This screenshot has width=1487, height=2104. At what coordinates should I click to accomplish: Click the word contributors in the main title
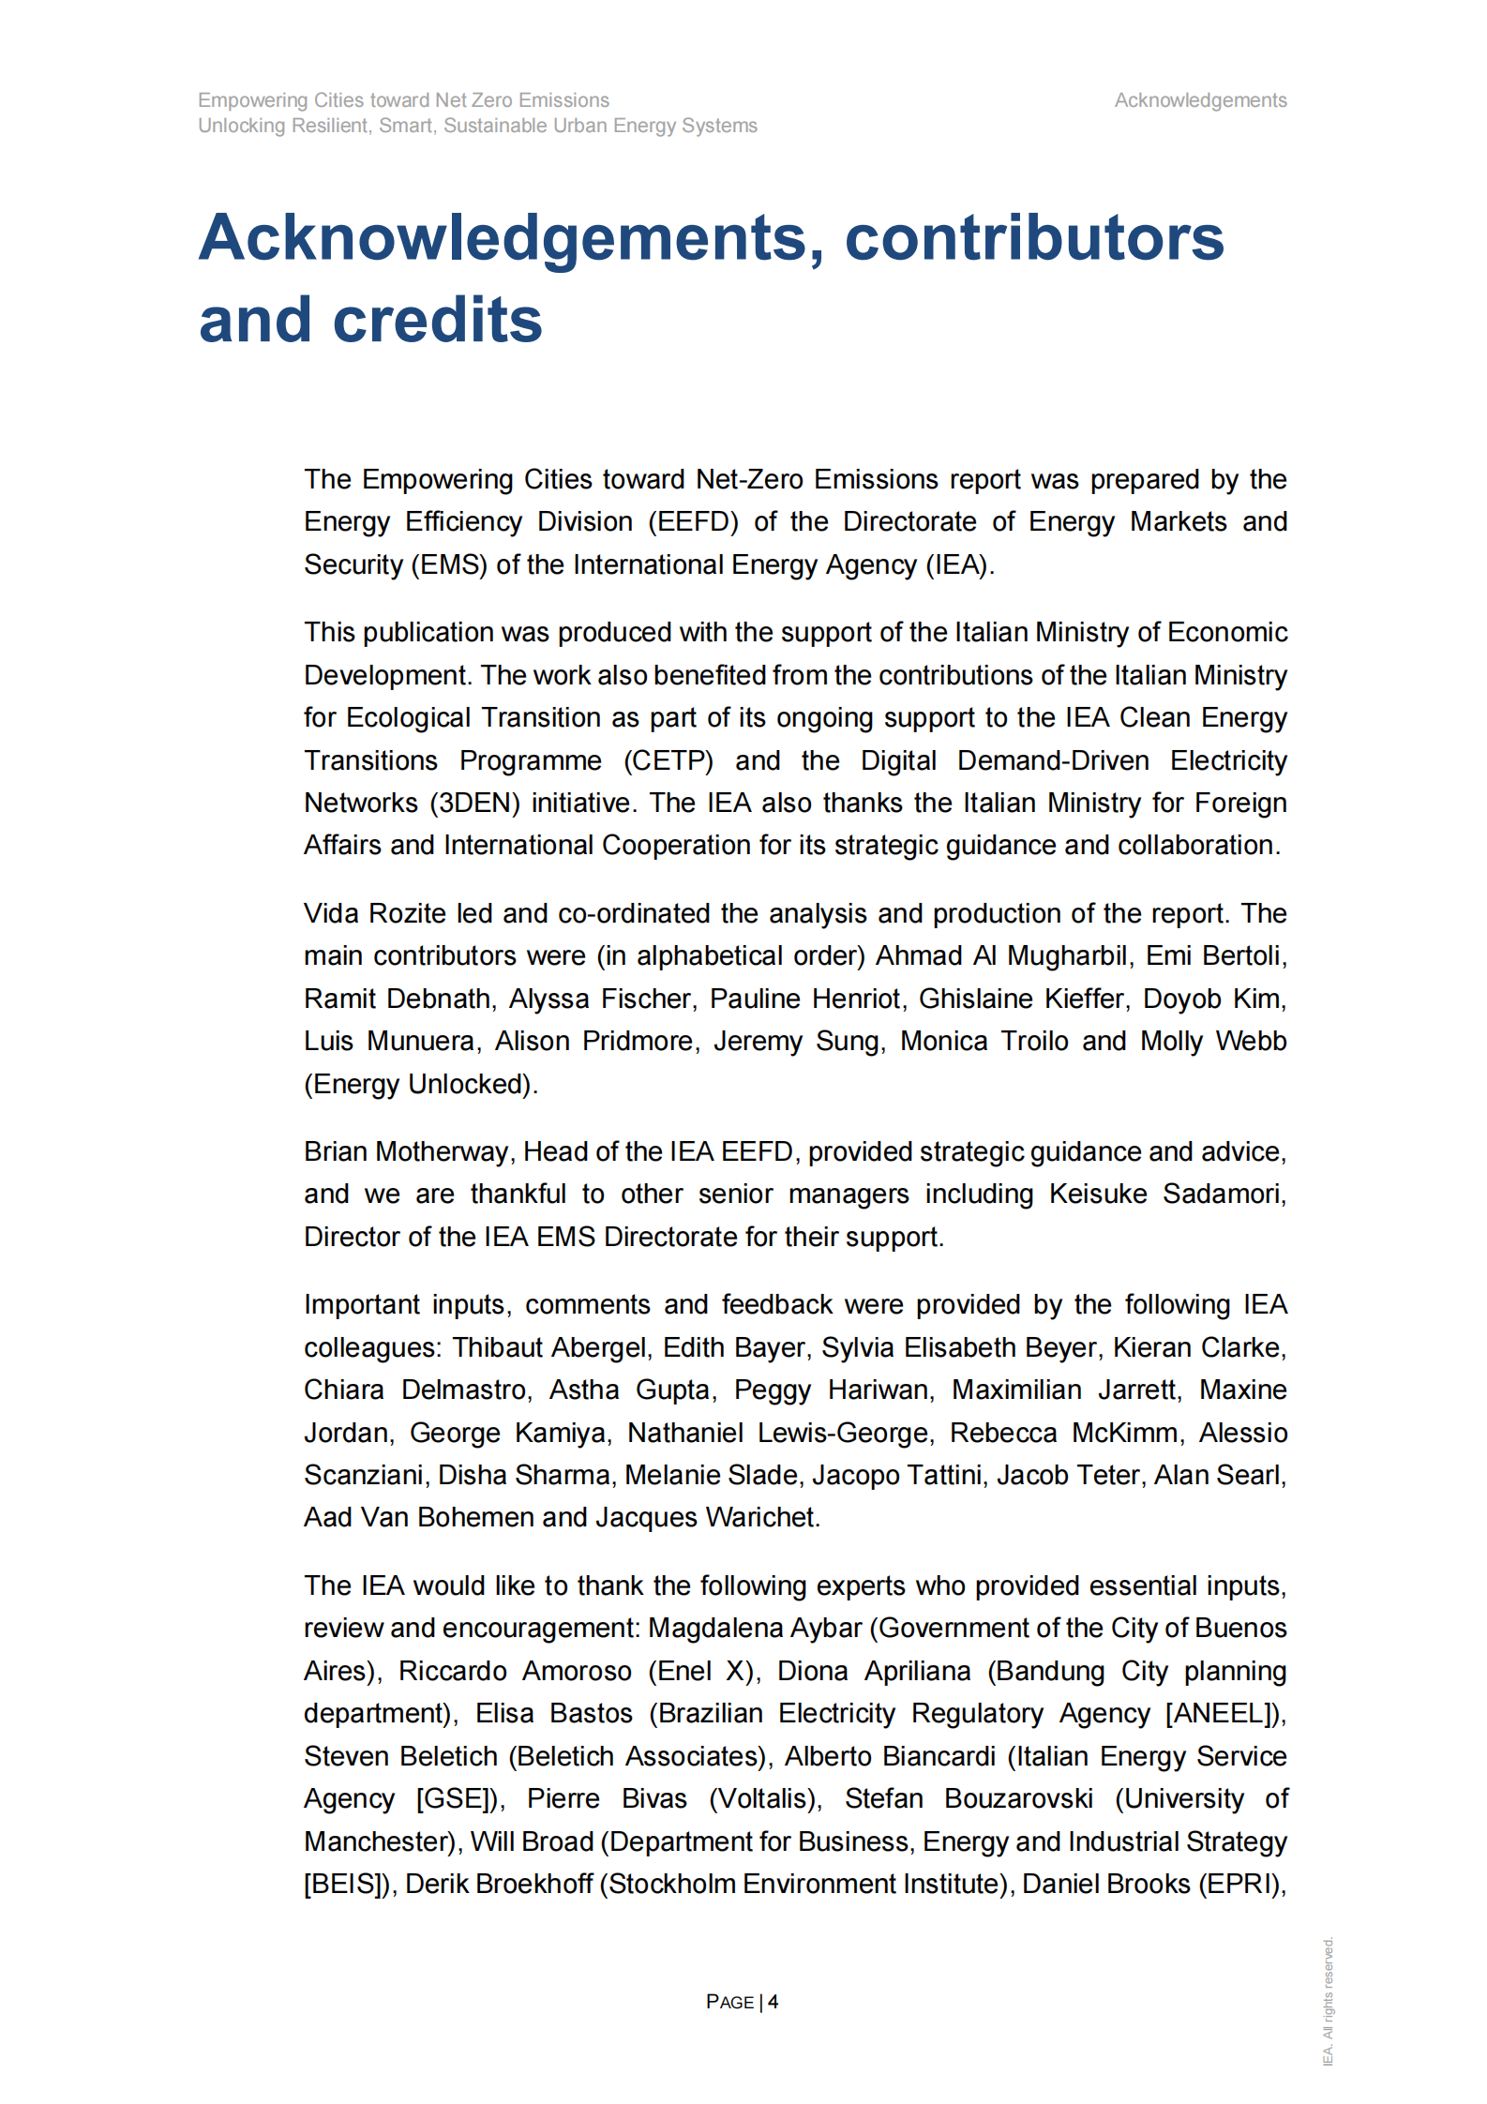pyautogui.click(x=1034, y=237)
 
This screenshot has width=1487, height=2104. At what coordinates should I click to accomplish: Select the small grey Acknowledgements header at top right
pyautogui.click(x=1199, y=100)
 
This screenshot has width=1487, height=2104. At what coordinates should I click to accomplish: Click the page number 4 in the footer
pyautogui.click(x=773, y=2002)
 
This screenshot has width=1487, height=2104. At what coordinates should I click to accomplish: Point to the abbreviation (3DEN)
pyautogui.click(x=474, y=804)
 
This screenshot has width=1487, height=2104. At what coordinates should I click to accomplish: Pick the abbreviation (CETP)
pyautogui.click(x=668, y=760)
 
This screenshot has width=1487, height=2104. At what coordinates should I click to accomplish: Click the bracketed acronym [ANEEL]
pyautogui.click(x=1224, y=1713)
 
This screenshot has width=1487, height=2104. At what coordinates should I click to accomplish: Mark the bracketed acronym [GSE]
pyautogui.click(x=457, y=1798)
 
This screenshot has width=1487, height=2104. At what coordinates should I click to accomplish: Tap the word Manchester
pyautogui.click(x=379, y=1841)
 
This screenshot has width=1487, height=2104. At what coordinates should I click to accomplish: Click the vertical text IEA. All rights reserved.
pyautogui.click(x=1328, y=2001)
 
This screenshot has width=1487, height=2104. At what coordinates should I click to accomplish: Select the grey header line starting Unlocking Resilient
pyautogui.click(x=477, y=126)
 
